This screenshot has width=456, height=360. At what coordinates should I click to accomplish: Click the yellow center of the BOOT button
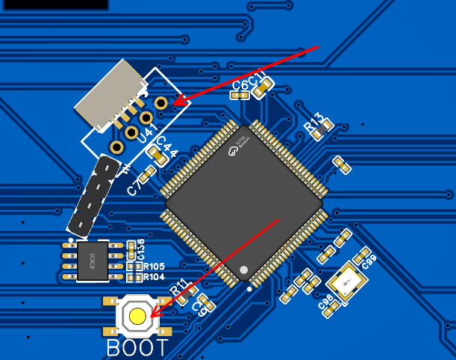138,316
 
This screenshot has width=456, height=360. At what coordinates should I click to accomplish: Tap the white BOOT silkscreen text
138,347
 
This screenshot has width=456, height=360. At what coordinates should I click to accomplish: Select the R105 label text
154,266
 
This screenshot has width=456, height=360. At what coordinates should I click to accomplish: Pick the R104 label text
154,277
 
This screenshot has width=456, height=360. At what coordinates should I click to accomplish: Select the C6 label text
240,85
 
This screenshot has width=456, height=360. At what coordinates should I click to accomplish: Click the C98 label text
325,302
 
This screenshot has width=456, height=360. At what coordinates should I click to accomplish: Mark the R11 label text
181,288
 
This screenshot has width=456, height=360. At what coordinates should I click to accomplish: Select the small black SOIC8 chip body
93,261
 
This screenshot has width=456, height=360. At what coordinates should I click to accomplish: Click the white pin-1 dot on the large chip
243,269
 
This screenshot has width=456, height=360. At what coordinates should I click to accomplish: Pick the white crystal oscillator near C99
346,283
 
